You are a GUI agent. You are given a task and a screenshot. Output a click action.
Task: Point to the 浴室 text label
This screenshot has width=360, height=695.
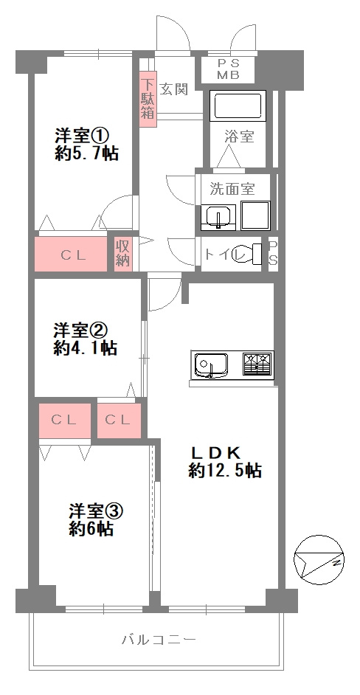point(239,136)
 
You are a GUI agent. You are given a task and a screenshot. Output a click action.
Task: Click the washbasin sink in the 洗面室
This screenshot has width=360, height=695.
point(218,216)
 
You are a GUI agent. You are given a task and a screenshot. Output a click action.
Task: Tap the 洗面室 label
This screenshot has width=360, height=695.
point(232,187)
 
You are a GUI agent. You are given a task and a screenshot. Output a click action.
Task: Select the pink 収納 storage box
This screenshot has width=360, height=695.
point(122,253)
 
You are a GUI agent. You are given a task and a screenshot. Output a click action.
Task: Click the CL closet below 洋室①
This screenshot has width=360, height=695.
point(72,255)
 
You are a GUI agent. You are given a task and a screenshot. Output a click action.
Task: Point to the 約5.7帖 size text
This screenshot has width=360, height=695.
point(86,154)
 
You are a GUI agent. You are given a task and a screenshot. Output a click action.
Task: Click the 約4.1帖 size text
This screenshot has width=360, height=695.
point(86,348)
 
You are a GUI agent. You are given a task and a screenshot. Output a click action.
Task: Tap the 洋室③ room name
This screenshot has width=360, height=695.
point(95,511)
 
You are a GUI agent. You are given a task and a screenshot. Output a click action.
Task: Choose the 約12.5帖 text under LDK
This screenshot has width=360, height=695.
point(225,471)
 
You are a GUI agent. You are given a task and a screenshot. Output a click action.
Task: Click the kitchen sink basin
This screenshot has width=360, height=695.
point(211,364)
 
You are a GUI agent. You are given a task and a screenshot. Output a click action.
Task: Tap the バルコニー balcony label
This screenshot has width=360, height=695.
point(159,640)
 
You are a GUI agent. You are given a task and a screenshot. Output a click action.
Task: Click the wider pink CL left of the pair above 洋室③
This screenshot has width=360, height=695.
point(64,421)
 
